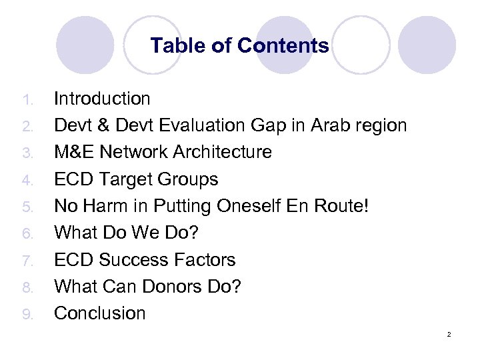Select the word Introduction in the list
[102, 99]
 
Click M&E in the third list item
[75, 153]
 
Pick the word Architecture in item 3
[222, 153]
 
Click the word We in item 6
[157, 233]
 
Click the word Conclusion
[99, 313]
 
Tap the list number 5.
[27, 207]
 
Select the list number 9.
[27, 313]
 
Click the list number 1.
[27, 100]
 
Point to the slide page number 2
[449, 334]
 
